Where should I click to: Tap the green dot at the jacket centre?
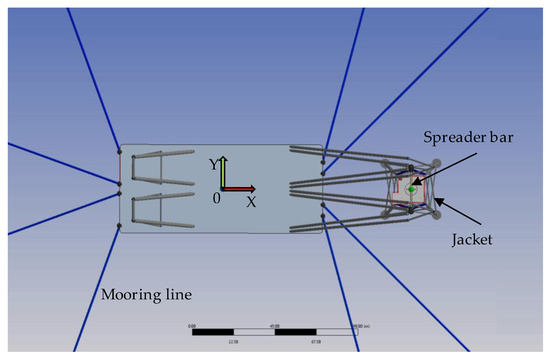pyautogui.click(x=411, y=188)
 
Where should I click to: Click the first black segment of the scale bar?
pyautogui.click(x=213, y=331)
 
